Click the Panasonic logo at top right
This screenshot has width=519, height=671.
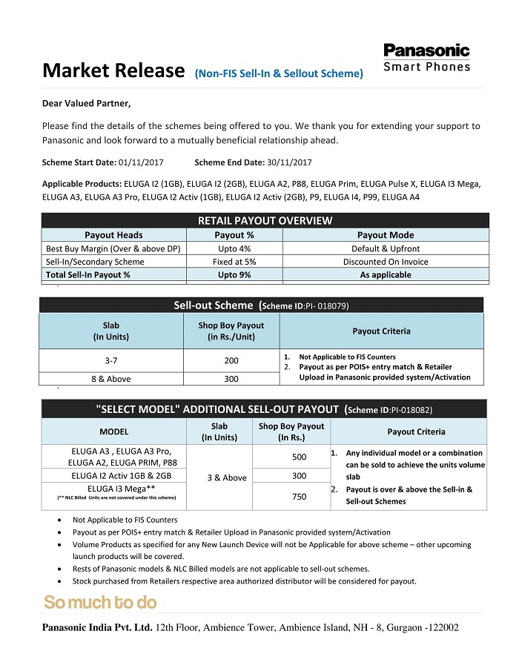(x=426, y=57)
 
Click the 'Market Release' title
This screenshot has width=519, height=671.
(x=113, y=71)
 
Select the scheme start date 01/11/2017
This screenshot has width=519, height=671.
(x=141, y=162)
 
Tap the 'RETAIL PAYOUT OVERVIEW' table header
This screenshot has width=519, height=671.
(x=265, y=220)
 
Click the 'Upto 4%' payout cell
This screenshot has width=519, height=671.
(x=234, y=248)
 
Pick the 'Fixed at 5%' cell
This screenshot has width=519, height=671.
(x=234, y=261)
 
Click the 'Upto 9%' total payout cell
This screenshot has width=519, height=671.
(x=234, y=274)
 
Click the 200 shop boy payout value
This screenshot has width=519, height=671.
(x=231, y=360)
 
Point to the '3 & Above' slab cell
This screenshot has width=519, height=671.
(x=224, y=477)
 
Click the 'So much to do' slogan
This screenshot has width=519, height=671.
(x=100, y=602)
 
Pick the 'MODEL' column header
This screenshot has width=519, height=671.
(x=113, y=432)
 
